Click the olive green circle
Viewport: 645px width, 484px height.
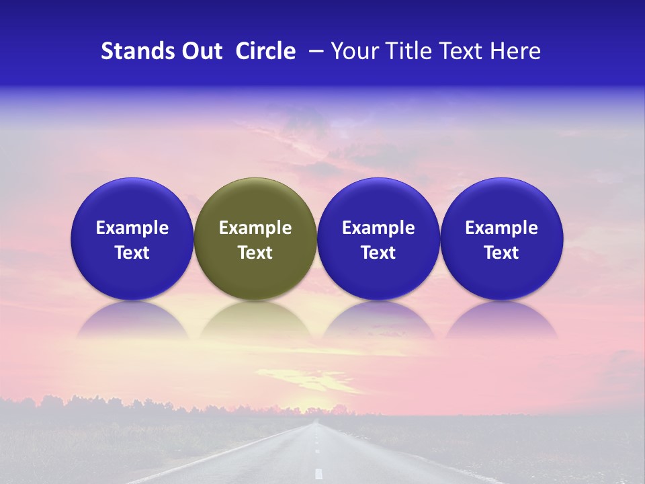[x=255, y=202]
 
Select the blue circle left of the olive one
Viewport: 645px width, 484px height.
[x=132, y=202]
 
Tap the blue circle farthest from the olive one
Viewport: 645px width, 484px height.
[x=501, y=202]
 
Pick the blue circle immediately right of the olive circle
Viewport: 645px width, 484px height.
[x=378, y=202]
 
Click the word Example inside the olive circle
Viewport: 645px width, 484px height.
[x=255, y=228]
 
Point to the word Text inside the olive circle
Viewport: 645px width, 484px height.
[x=255, y=253]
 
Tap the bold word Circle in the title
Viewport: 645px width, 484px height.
[x=265, y=51]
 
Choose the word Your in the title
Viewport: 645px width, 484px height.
[x=353, y=51]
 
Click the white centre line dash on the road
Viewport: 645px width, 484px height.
[x=318, y=473]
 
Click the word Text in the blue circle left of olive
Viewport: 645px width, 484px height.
[x=132, y=253]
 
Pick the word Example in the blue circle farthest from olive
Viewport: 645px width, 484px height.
[x=501, y=228]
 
